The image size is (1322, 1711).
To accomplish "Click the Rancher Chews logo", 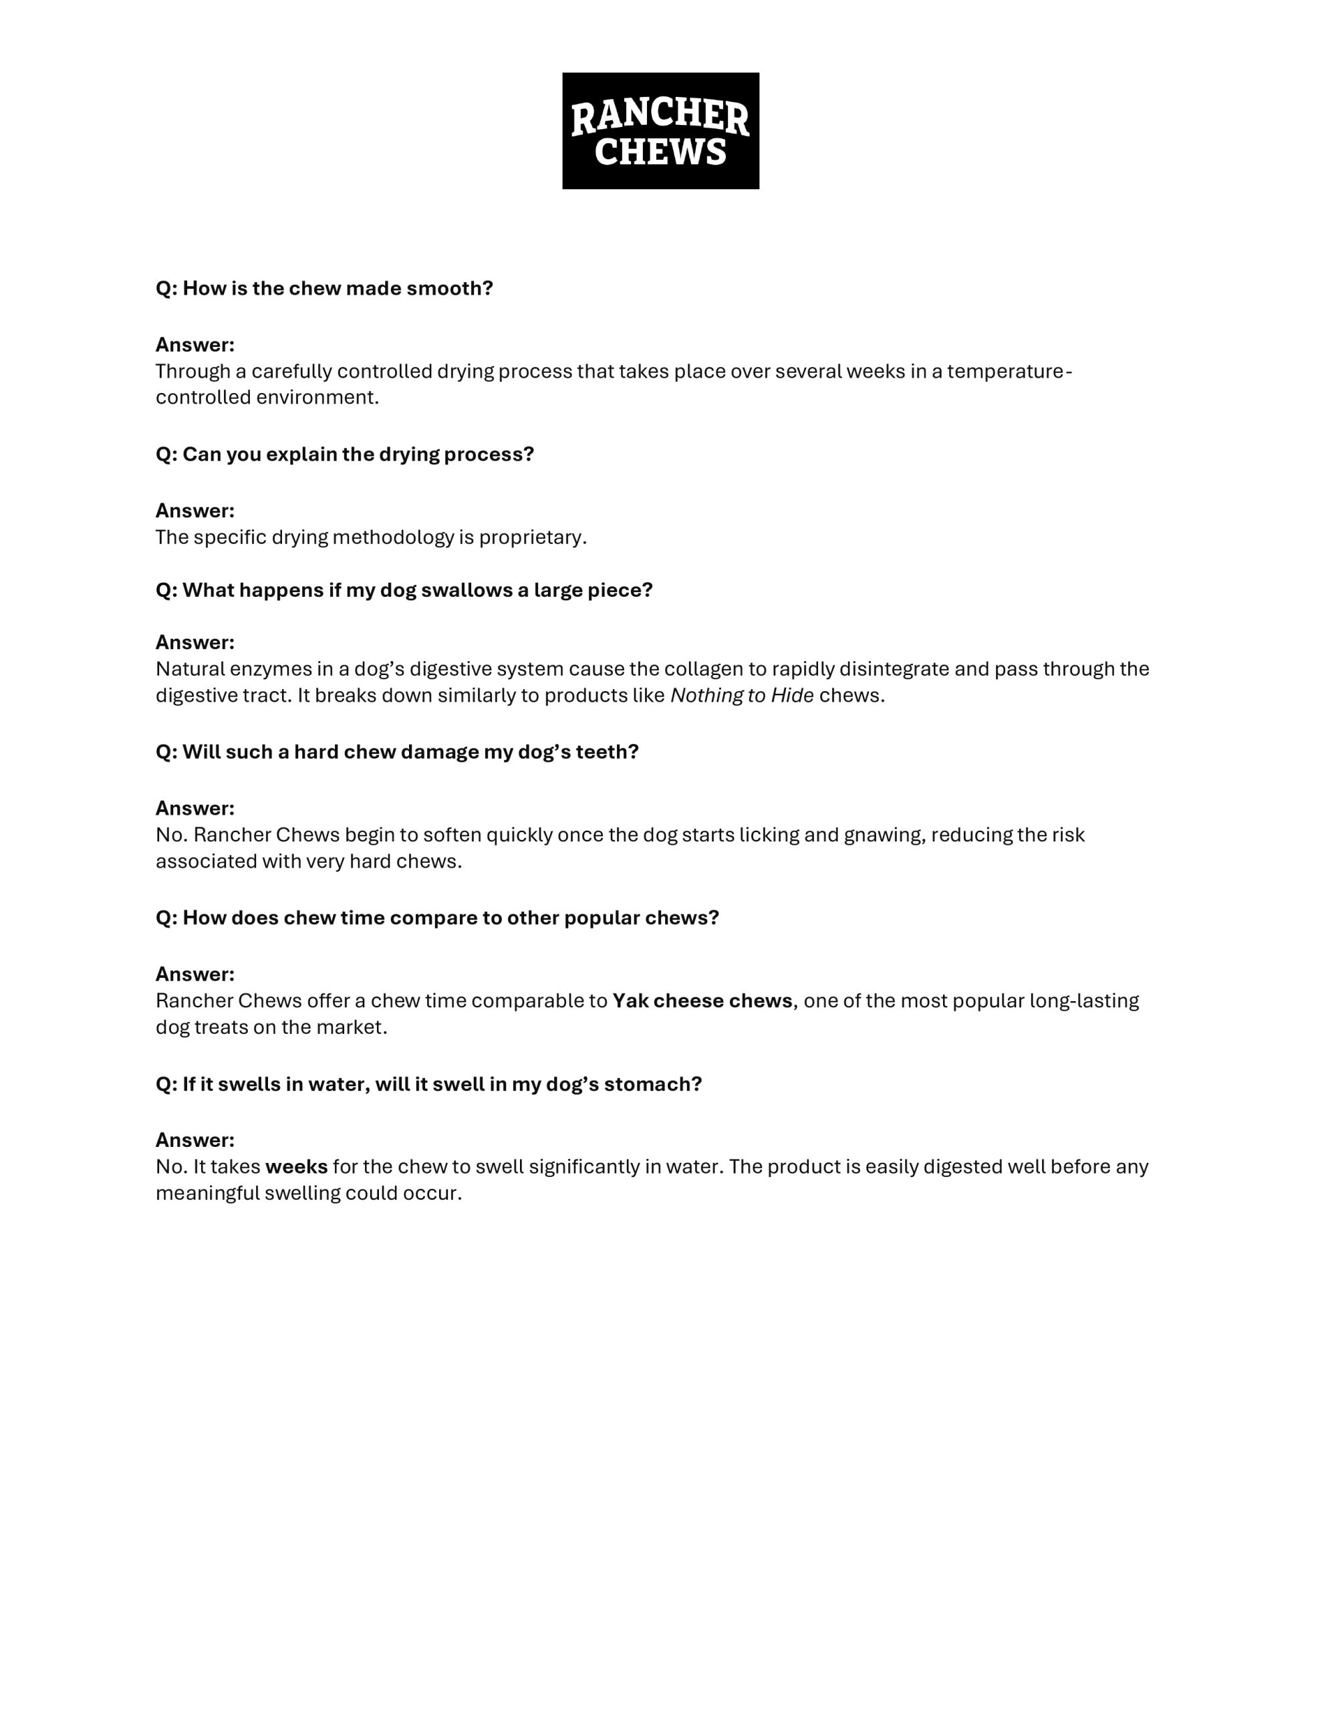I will pos(660,131).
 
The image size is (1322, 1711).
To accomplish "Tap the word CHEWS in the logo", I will pos(660,152).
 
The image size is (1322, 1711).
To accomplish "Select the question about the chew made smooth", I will pos(323,288).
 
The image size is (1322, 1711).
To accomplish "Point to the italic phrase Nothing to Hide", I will pos(741,696).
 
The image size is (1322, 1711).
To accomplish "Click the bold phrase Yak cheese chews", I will pos(702,1001).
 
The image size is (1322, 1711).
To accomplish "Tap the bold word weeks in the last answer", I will pos(296,1168).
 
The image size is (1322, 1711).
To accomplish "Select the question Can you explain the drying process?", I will pos(344,454).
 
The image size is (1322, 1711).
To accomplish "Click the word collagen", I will pos(714,669).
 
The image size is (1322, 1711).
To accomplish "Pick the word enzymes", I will pos(260,669).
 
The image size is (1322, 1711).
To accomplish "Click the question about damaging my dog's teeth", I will pos(396,752).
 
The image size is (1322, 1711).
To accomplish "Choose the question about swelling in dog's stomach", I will pos(428,1084).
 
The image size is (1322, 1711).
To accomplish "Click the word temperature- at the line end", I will pos(1009,372).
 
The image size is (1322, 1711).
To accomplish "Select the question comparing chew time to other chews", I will pos(436,918).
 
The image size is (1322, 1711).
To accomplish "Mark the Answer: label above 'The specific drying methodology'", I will pos(194,511).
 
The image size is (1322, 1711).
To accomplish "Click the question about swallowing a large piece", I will pos(404,591).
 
